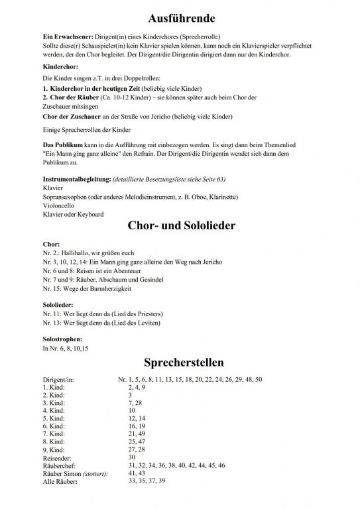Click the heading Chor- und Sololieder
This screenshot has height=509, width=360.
[180, 226]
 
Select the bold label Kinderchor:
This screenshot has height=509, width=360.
[61, 67]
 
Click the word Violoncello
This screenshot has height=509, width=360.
[60, 205]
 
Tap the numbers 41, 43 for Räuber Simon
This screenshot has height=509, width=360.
[136, 473]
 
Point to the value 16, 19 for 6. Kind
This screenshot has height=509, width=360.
[136, 426]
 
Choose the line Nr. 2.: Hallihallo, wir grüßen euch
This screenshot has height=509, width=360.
[88, 253]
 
